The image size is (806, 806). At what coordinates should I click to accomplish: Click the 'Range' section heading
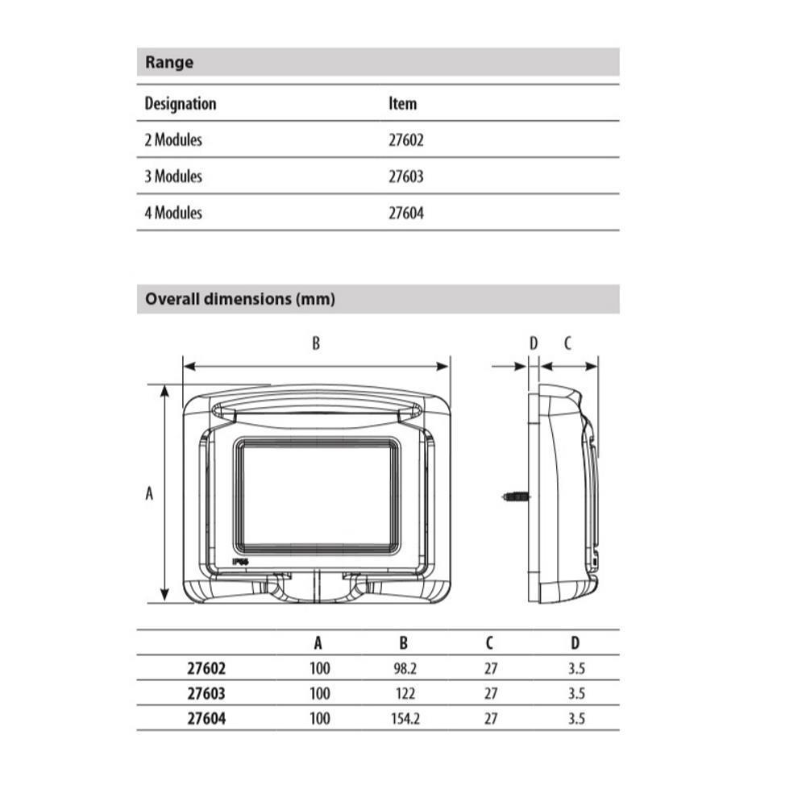click(x=169, y=62)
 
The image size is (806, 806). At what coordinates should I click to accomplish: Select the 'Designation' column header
click(x=181, y=103)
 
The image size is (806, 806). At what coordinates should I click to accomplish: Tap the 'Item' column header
click(x=402, y=103)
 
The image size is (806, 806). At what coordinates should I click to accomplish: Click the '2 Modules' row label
click(x=173, y=139)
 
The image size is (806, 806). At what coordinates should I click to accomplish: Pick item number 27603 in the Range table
click(x=406, y=177)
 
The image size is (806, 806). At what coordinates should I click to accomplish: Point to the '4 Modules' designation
click(x=173, y=212)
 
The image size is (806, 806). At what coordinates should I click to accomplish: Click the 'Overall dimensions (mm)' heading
click(x=240, y=299)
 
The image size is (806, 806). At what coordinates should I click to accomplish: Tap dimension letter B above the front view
click(x=316, y=343)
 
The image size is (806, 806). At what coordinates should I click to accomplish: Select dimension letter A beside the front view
click(x=149, y=493)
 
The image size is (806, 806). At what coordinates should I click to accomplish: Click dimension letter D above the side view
click(x=534, y=343)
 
